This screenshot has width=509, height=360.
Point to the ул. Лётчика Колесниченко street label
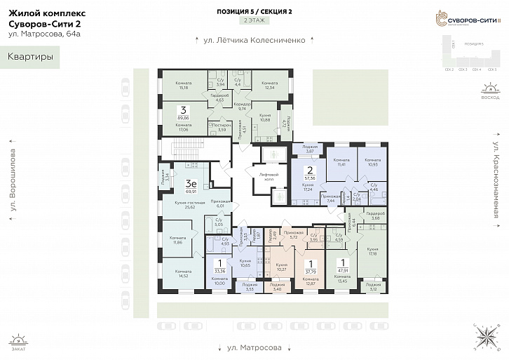pos(254,40)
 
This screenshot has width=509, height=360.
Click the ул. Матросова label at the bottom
pos(254,347)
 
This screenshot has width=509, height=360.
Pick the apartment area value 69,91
pos(190,191)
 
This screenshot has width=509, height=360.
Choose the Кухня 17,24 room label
pos(308,187)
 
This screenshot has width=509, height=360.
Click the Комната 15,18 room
pos(184,86)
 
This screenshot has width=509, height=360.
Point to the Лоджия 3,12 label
pos(374,286)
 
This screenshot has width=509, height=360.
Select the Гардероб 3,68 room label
pos(375,216)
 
